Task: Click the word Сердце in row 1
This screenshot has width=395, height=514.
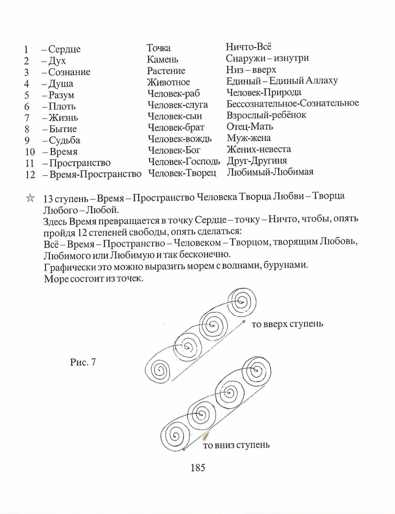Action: point(64,49)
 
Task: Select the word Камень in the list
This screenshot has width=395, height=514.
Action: point(162,59)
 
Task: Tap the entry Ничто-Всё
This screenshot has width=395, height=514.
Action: point(249,47)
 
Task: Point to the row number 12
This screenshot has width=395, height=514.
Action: point(30,175)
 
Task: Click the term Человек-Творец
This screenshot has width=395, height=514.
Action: point(182,173)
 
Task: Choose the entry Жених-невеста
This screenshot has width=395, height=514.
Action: point(259,149)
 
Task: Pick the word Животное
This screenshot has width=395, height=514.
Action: point(168,82)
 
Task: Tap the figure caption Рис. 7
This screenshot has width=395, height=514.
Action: point(83,362)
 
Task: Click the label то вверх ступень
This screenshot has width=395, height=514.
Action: point(287,324)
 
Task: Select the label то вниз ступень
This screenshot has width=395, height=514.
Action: point(236,445)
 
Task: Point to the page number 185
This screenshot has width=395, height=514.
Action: point(198,468)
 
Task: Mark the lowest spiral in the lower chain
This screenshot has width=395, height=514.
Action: point(175,436)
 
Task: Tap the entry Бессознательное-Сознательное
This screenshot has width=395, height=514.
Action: point(293,103)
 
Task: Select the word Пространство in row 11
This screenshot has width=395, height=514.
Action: point(80,163)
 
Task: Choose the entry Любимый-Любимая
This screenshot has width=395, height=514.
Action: point(270,172)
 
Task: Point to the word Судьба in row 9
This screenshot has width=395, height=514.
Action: point(64,140)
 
